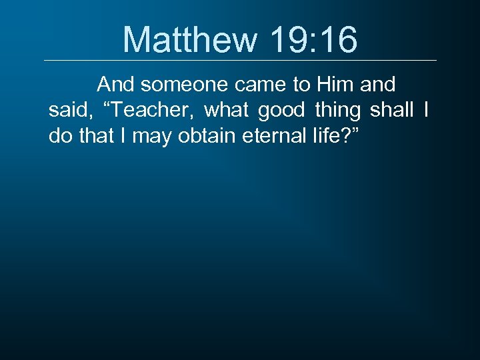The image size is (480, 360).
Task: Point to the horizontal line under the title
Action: (x=240, y=61)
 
